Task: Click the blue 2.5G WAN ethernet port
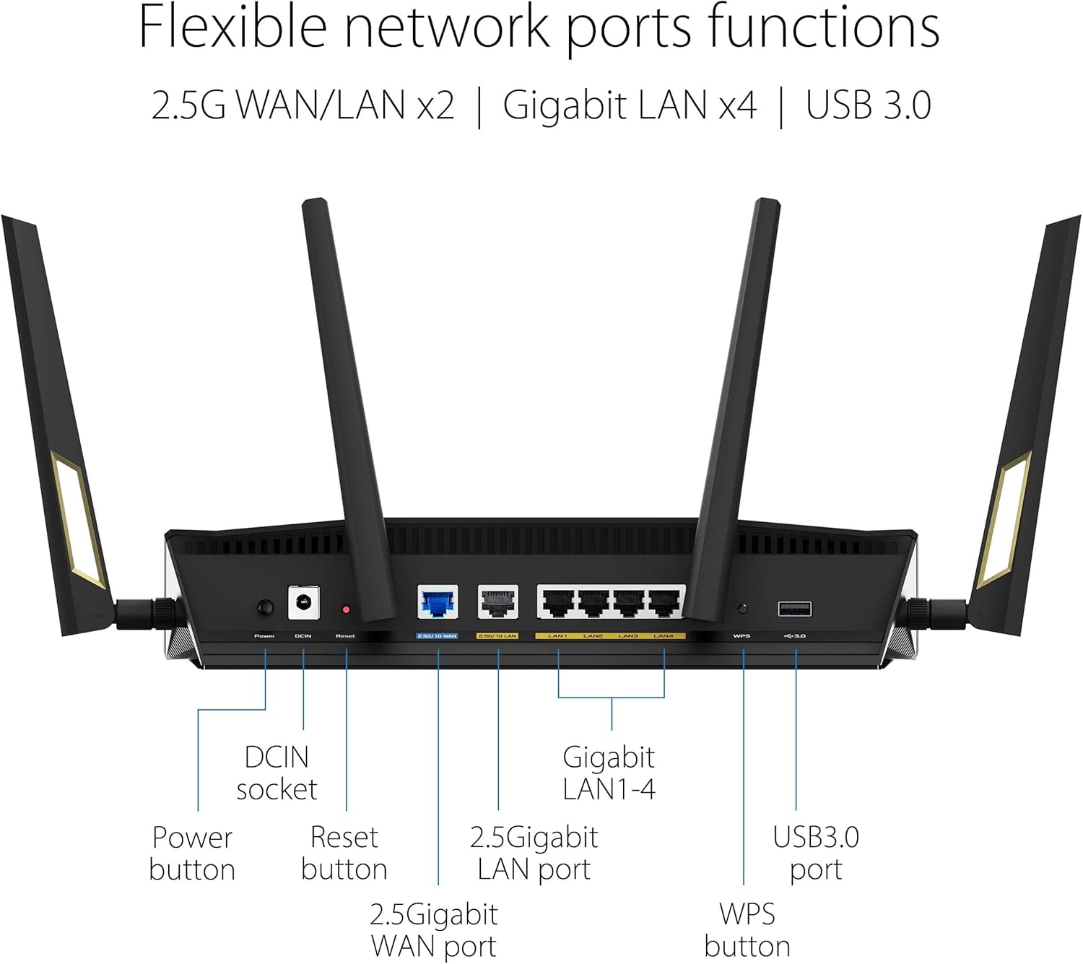(438, 602)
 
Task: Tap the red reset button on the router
(346, 610)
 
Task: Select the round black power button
(266, 607)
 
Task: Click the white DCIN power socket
(304, 602)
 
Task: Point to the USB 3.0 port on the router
(794, 609)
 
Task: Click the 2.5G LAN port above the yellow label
(498, 602)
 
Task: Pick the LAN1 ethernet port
(558, 603)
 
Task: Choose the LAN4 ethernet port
(664, 603)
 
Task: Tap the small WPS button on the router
(742, 609)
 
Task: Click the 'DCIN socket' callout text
(277, 773)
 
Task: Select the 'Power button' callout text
(192, 853)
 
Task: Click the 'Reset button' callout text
(344, 853)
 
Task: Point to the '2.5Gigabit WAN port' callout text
(433, 930)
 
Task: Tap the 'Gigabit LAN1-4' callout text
(609, 773)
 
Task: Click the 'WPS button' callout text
(747, 930)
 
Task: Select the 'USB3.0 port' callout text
(816, 853)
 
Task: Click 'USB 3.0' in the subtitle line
(868, 105)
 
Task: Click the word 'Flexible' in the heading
(232, 27)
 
